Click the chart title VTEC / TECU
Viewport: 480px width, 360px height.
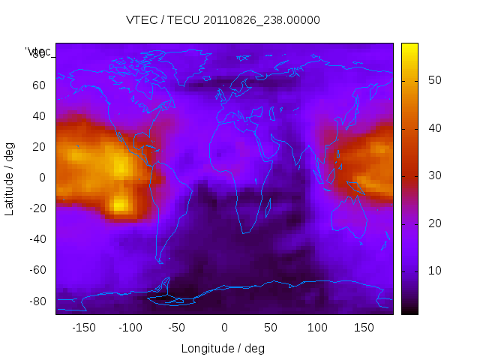coord(223,20)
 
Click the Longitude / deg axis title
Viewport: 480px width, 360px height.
coord(223,348)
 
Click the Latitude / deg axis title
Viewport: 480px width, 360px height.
coord(10,177)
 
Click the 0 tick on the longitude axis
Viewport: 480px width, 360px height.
coord(224,327)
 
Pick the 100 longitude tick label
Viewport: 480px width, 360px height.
coord(318,327)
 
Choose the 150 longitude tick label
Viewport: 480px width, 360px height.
coord(364,327)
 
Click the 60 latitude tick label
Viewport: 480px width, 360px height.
coord(39,85)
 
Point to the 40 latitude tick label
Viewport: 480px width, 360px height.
coord(39,116)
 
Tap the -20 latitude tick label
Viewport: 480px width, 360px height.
coord(37,208)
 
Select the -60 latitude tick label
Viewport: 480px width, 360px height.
coord(37,270)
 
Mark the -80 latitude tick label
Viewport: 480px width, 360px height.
coord(37,301)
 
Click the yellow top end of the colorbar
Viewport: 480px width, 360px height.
coord(409,46)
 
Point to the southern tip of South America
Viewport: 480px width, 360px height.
coord(160,262)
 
